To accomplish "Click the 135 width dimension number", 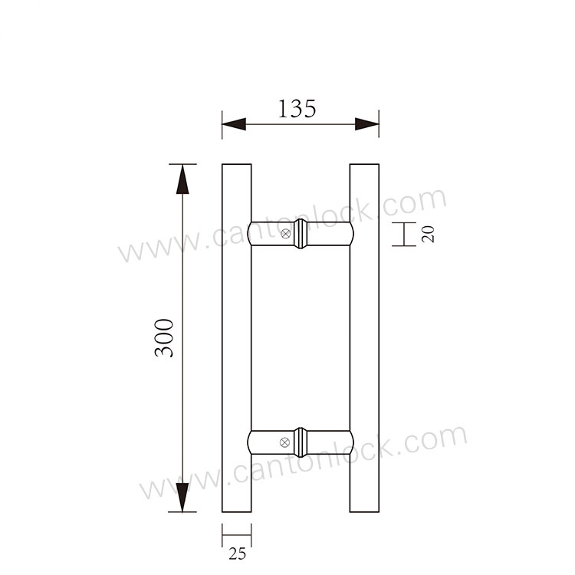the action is [x=297, y=109].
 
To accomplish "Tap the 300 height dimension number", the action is [x=164, y=338].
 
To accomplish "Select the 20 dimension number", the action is [x=428, y=234].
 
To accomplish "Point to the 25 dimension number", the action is [x=237, y=554].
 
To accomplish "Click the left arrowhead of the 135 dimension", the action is [x=234, y=124].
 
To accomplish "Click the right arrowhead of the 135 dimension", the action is [x=367, y=124].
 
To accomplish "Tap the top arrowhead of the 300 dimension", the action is [x=182, y=179].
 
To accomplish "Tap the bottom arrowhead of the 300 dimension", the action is [x=182, y=498].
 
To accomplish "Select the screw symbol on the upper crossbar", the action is [x=286, y=234].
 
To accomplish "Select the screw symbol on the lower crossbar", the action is [x=284, y=442].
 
